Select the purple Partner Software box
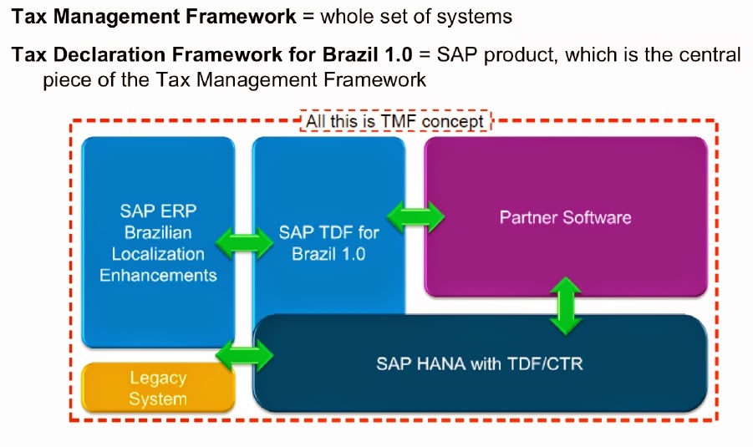[x=566, y=218]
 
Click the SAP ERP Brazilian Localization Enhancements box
[x=157, y=242]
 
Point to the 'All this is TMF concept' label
[x=394, y=122]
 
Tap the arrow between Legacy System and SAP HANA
[x=244, y=357]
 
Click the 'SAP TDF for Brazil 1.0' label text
[x=328, y=242]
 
